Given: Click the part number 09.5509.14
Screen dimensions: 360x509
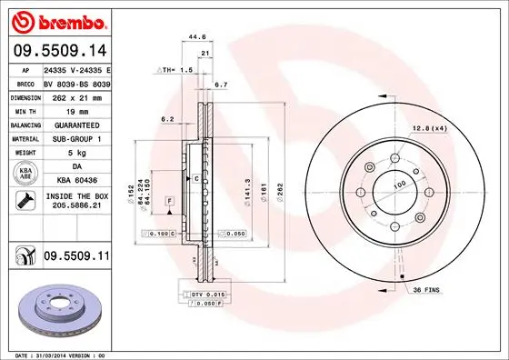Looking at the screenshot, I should (59, 51).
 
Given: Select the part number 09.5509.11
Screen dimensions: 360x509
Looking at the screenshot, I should (76, 258).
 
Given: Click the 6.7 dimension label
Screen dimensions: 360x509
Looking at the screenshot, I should (220, 85).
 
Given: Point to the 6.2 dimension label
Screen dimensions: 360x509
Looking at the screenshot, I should (167, 119).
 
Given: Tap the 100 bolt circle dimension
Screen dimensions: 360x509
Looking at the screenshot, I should (397, 185).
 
